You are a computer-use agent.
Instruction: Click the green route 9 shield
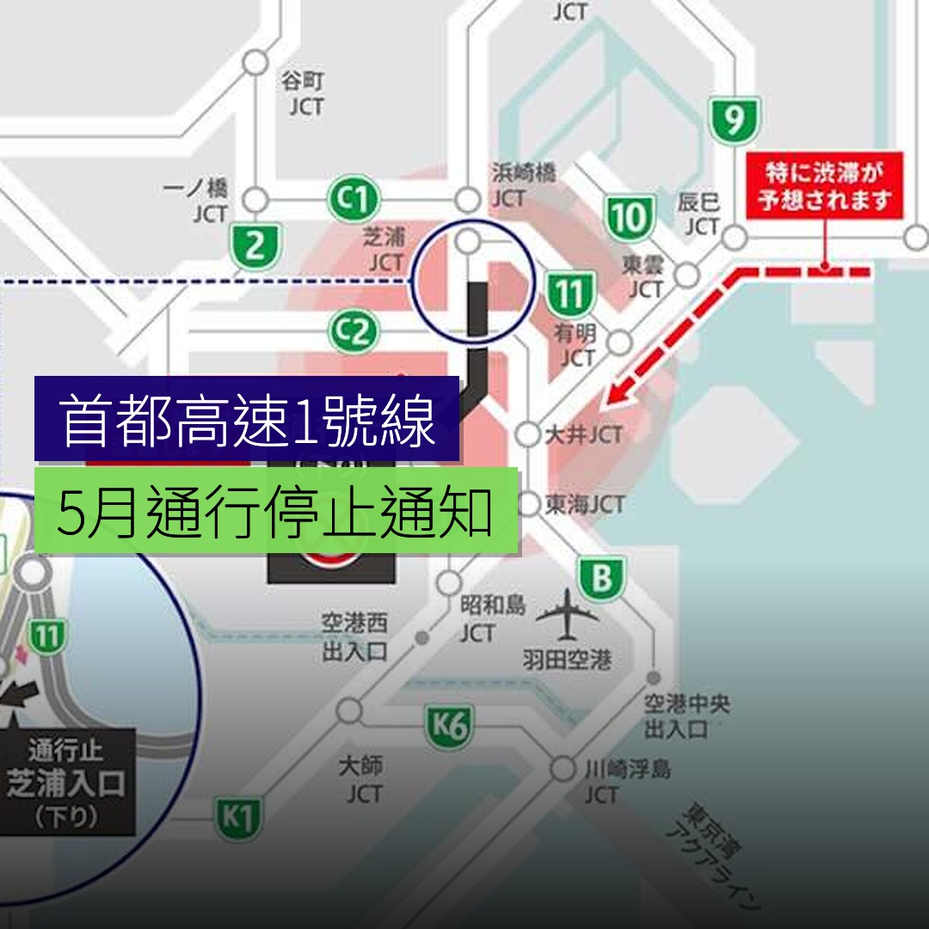pos(734,120)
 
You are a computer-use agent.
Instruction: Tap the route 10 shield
pos(629,218)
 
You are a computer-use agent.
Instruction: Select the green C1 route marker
pos(354,201)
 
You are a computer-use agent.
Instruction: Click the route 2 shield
pos(255,246)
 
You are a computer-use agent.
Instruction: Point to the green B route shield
pos(602,579)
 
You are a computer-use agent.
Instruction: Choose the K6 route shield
pos(449,727)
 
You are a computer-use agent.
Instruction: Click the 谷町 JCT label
pos(305,94)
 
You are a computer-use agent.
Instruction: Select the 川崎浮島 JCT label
pos(626,780)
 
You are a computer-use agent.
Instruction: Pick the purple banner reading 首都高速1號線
pos(248,420)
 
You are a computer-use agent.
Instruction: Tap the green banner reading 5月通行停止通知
pos(276,511)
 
